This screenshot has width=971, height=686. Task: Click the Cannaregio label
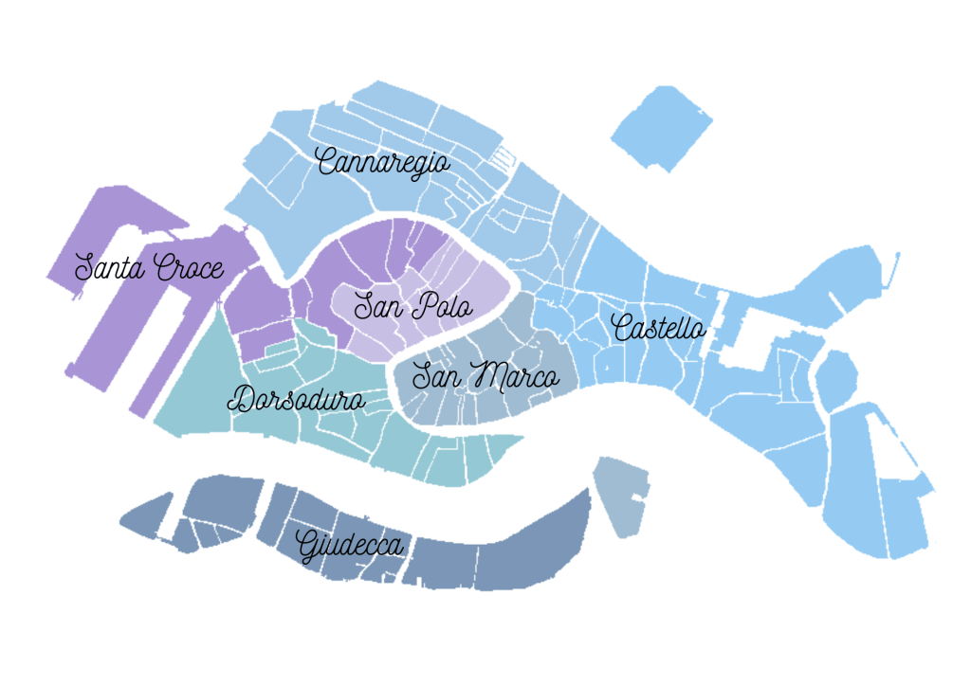click(383, 162)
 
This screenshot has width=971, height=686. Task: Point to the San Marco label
click(485, 376)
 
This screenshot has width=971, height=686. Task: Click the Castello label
click(659, 328)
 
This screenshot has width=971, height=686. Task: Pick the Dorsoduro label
click(297, 399)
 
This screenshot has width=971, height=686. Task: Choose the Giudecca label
click(350, 547)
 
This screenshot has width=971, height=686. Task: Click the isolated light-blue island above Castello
click(662, 127)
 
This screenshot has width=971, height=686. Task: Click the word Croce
click(190, 268)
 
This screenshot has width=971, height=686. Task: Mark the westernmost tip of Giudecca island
click(121, 520)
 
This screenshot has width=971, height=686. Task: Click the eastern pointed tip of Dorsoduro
click(522, 438)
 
